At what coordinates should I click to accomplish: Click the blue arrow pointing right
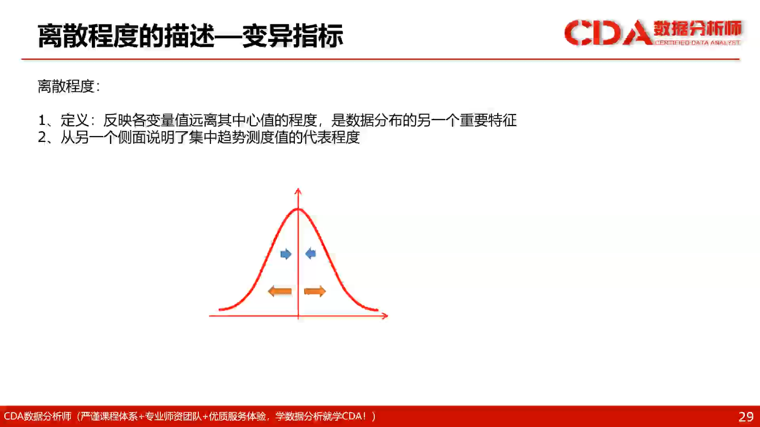(286, 254)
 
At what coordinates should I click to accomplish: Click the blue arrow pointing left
(311, 253)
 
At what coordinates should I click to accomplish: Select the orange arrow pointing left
(280, 292)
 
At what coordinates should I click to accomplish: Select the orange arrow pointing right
(315, 292)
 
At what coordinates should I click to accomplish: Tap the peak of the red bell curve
(298, 209)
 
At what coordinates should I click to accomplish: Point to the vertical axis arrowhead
(298, 191)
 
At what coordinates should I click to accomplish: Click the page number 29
(746, 417)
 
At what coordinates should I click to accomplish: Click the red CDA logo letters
(608, 32)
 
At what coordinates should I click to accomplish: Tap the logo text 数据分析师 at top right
(697, 28)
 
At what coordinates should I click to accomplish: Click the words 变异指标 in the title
(293, 36)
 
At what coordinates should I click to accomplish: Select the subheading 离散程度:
(69, 86)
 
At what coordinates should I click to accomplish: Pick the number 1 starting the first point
(42, 120)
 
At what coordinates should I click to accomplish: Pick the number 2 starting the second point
(42, 137)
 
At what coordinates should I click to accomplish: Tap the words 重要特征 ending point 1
(488, 120)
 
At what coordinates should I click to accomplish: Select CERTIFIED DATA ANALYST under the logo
(697, 43)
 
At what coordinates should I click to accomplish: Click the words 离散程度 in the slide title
(88, 36)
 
